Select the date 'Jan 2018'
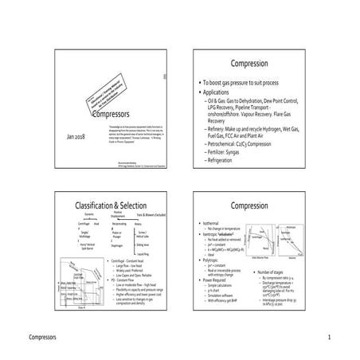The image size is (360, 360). point(67,138)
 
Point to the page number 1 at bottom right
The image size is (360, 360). point(327,337)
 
